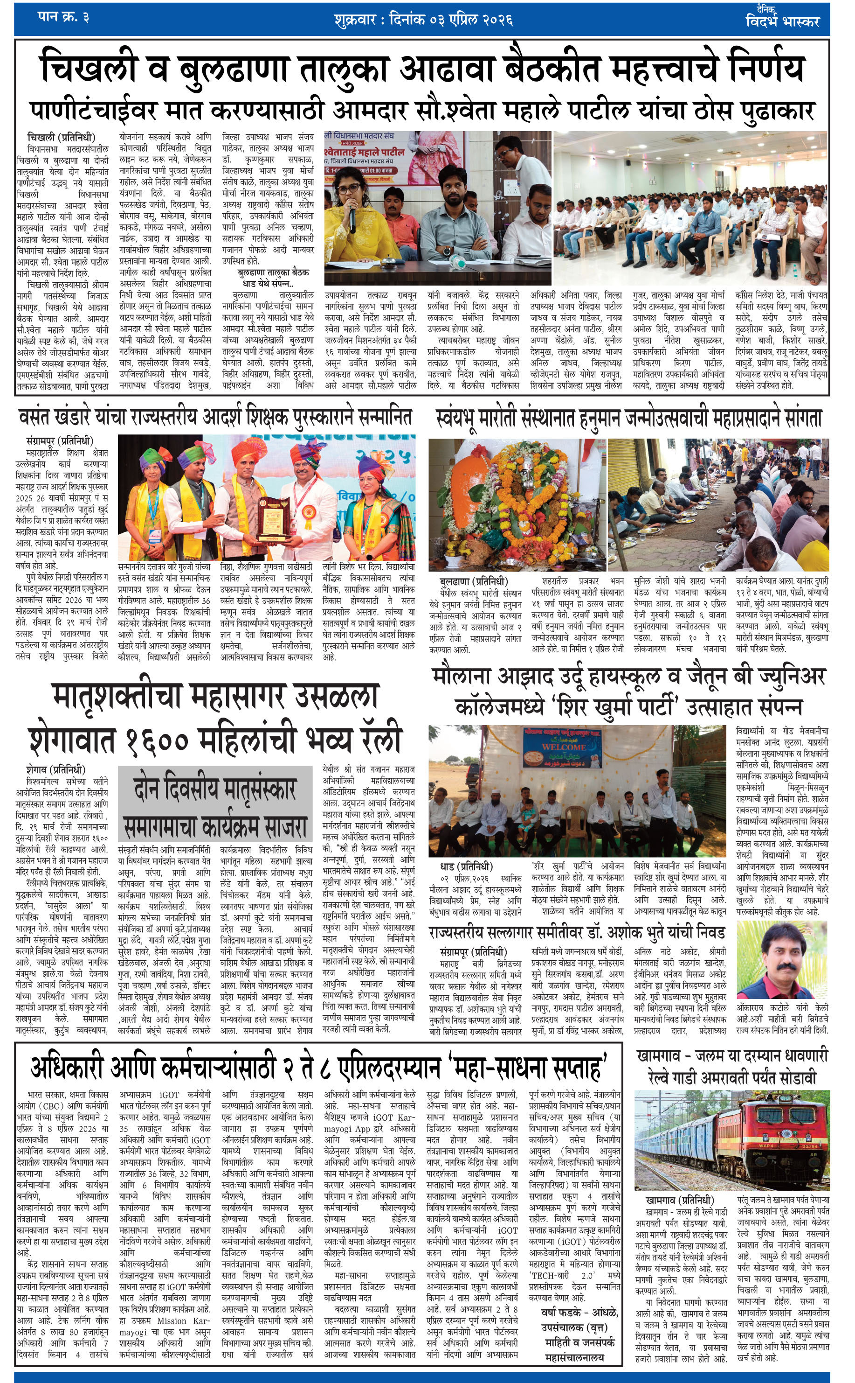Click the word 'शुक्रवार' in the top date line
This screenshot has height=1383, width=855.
[355, 21]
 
